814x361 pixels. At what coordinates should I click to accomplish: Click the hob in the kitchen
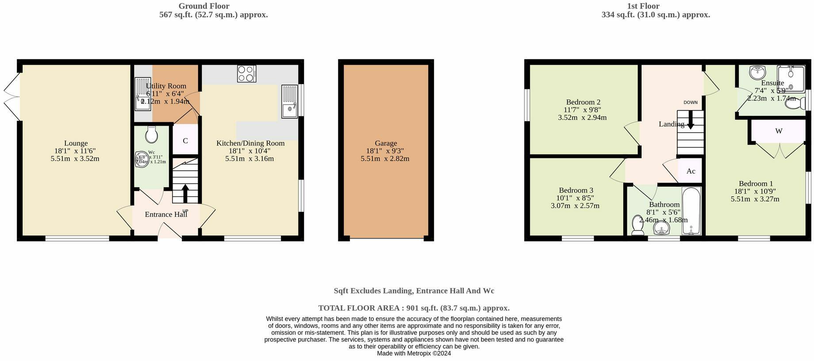click(x=246, y=73)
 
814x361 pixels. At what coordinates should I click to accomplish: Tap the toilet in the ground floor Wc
click(x=151, y=134)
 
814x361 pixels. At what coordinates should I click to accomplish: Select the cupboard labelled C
click(x=185, y=141)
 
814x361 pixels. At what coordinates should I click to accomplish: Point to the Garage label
click(x=385, y=143)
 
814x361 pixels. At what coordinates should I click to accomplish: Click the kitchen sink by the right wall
click(x=290, y=102)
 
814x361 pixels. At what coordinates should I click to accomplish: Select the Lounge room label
click(x=76, y=143)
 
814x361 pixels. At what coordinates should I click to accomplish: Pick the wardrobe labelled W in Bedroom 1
click(x=779, y=131)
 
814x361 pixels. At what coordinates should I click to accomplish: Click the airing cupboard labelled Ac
click(x=691, y=171)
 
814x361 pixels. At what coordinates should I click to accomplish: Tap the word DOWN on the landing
click(x=690, y=103)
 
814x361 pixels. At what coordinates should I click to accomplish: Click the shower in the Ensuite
click(x=791, y=78)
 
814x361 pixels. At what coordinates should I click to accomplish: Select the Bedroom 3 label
click(x=576, y=190)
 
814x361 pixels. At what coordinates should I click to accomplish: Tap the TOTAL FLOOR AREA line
click(x=414, y=308)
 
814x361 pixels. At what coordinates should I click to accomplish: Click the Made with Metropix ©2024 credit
click(x=414, y=353)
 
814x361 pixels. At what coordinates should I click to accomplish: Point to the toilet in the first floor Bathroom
click(x=637, y=225)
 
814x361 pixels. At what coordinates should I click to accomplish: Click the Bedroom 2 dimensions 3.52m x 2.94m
click(x=582, y=118)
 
